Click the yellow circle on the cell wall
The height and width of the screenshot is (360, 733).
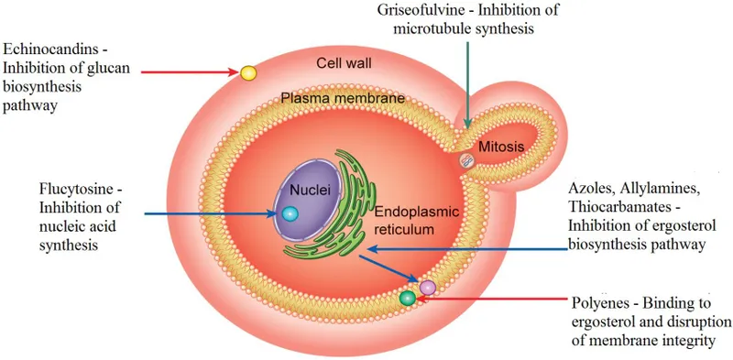tap(247, 72)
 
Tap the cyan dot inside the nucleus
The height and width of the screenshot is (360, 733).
tap(290, 213)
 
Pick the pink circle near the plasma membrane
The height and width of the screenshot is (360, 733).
tap(428, 287)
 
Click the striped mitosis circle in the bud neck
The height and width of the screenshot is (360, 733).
tap(467, 161)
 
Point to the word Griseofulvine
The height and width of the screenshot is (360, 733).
tap(422, 11)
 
